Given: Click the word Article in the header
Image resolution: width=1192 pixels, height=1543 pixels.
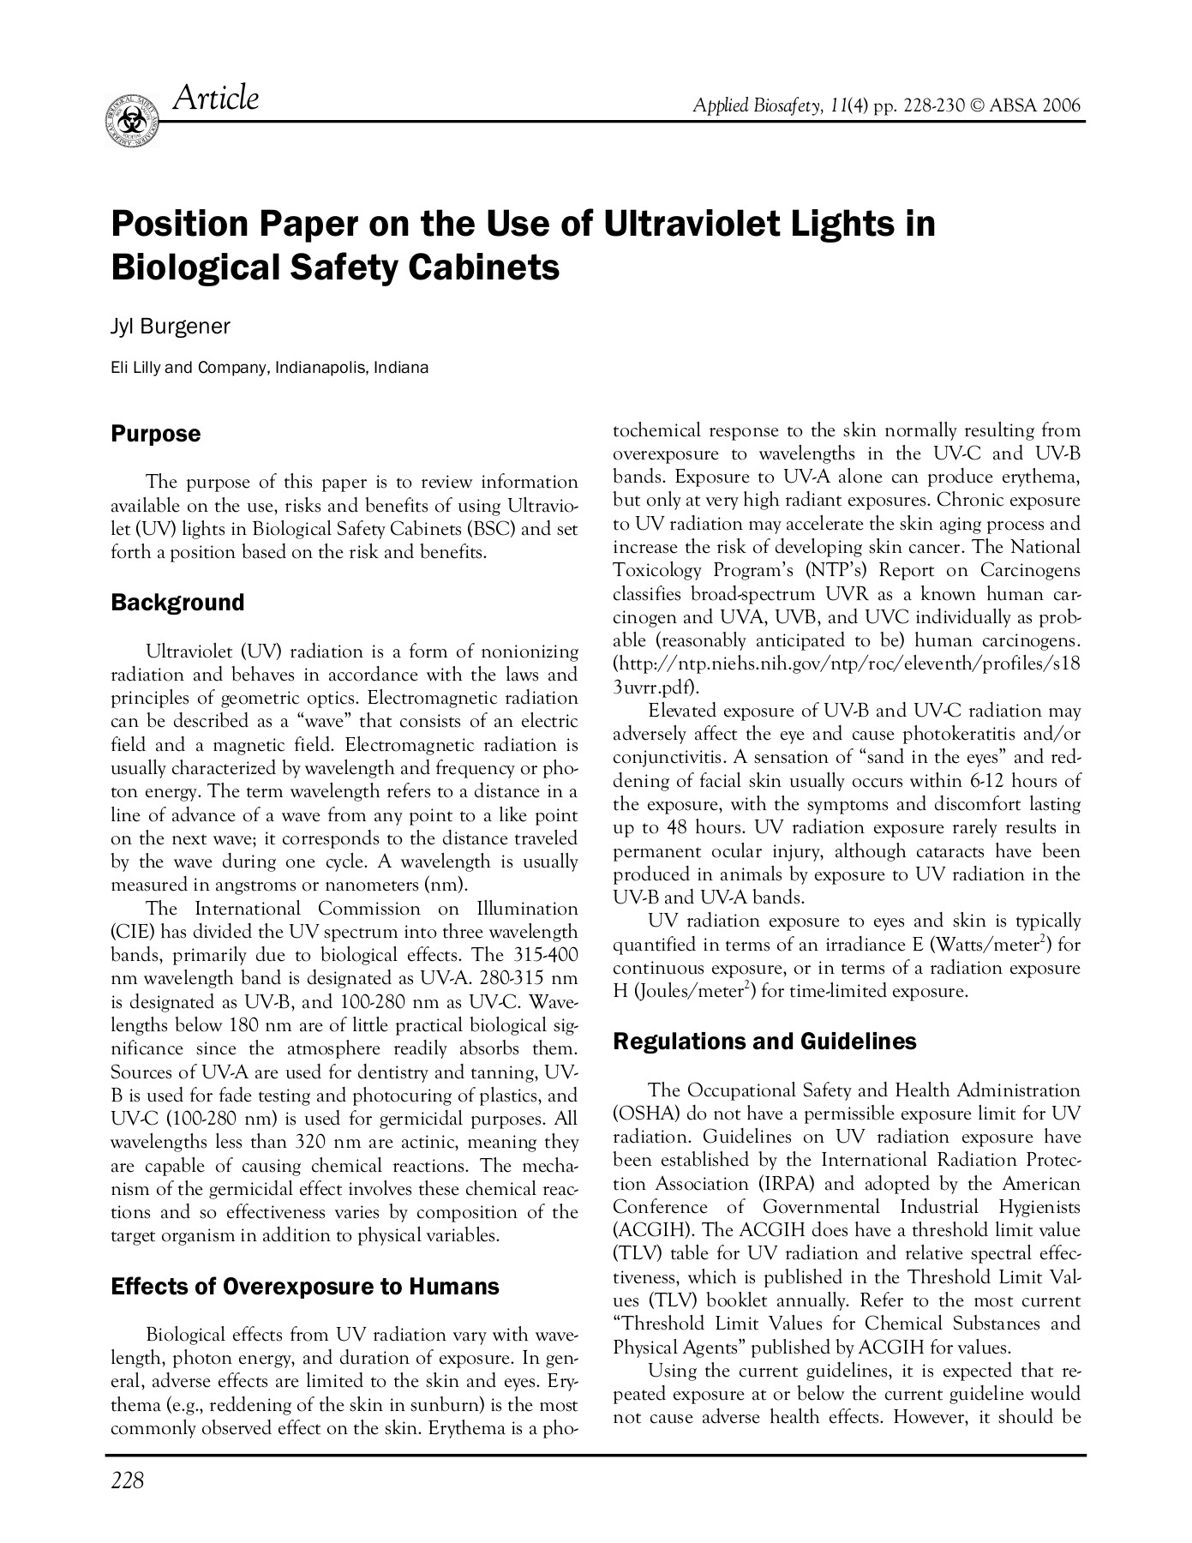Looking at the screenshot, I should coord(215,99).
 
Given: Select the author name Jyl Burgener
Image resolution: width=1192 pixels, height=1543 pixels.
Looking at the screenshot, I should coord(171,327).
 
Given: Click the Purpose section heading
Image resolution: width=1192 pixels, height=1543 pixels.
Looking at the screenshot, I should coord(156,435).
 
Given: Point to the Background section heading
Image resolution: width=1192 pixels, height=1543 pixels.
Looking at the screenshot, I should coord(177,603).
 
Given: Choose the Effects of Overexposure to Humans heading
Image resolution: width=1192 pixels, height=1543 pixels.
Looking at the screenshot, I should coord(305,1287).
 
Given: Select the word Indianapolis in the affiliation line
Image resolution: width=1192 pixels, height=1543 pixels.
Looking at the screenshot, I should coord(323,369).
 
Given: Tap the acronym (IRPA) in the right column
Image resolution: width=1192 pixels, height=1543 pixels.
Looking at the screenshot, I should coord(786,1184).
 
